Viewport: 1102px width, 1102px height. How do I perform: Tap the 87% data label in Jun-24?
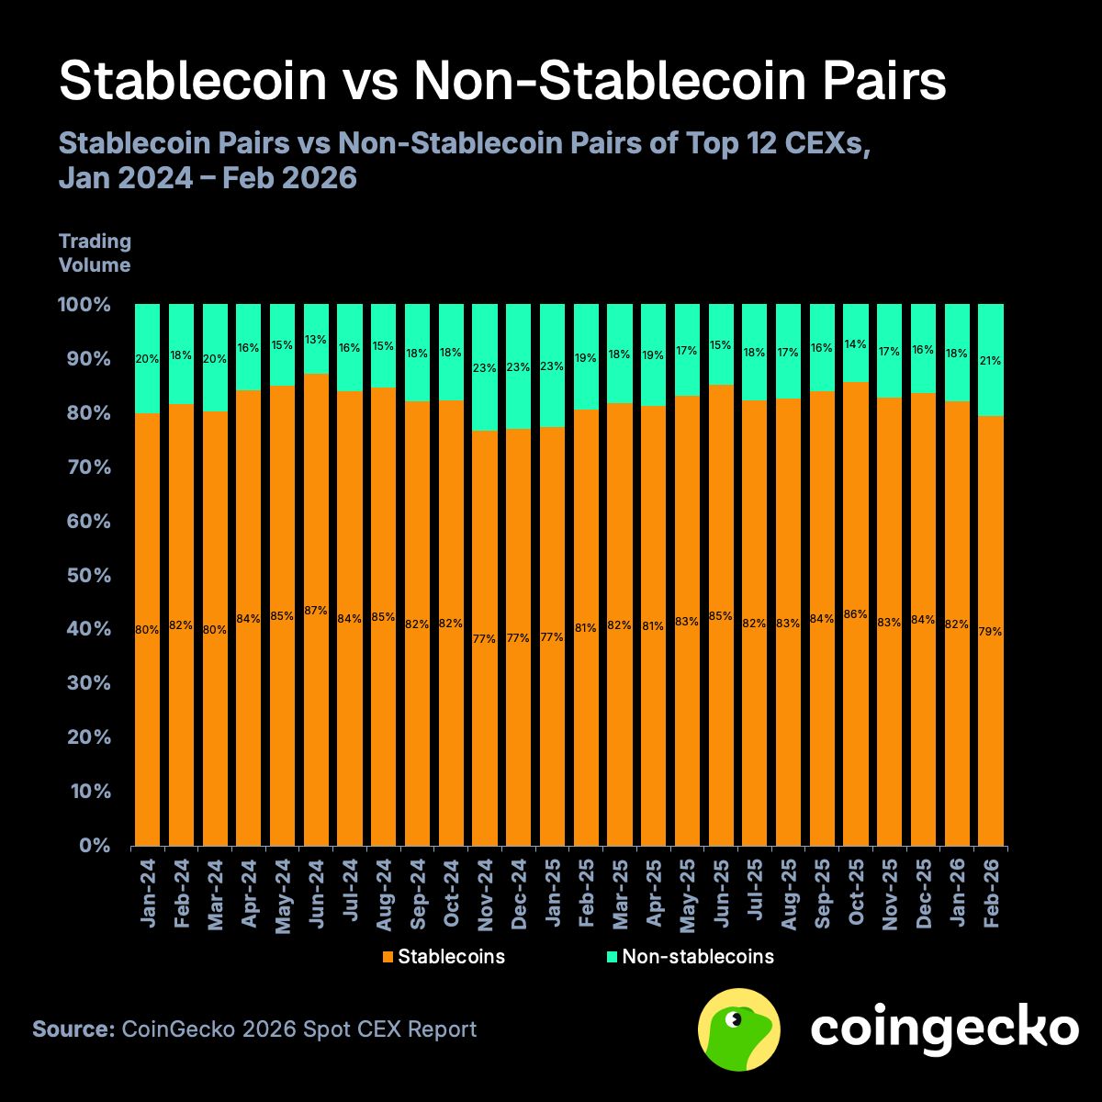click(x=316, y=611)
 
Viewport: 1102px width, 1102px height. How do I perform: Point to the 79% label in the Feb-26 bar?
click(x=990, y=632)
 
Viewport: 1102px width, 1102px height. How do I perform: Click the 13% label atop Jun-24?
click(x=316, y=340)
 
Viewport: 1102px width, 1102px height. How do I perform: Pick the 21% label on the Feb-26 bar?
click(x=990, y=361)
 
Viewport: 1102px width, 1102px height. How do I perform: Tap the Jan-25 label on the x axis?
click(x=552, y=893)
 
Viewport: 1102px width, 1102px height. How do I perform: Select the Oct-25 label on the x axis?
click(x=856, y=893)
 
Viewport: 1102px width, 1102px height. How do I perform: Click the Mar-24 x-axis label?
click(x=215, y=893)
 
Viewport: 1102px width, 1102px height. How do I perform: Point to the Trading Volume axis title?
click(x=95, y=253)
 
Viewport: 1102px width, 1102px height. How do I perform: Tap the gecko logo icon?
click(x=739, y=1029)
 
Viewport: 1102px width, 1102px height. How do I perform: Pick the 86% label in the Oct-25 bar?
click(x=855, y=614)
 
